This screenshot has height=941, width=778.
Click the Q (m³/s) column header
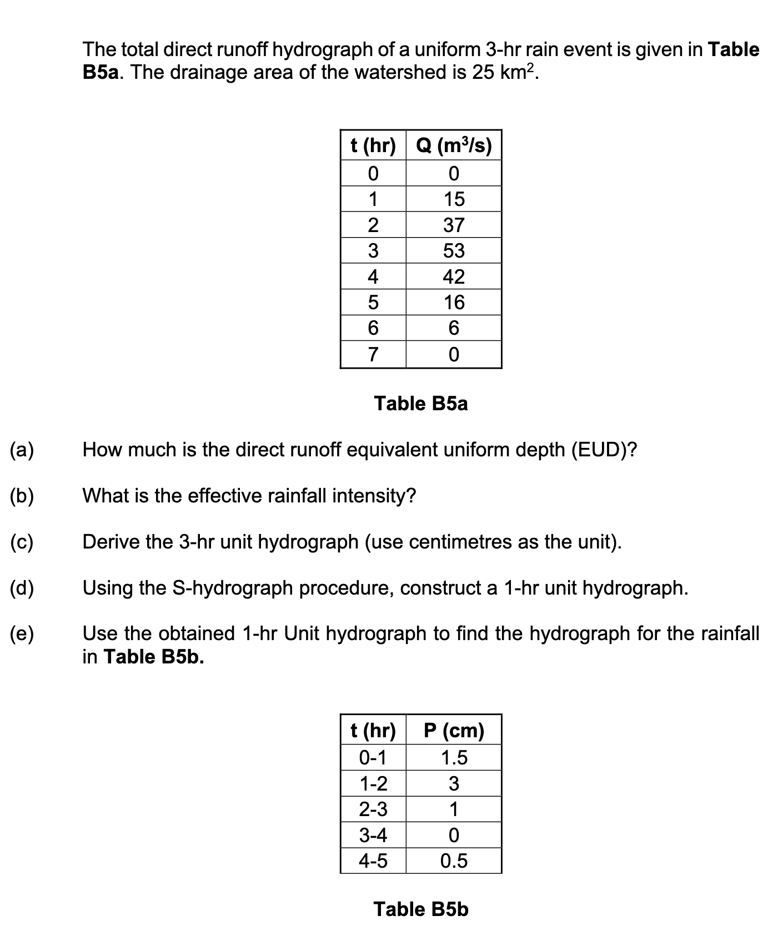(x=454, y=146)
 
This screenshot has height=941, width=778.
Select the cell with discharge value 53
(x=454, y=251)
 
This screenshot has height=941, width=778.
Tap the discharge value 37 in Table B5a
(x=454, y=225)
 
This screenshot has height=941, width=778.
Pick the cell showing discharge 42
(x=454, y=276)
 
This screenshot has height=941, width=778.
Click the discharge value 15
(x=454, y=199)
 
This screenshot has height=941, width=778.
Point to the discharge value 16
(x=454, y=303)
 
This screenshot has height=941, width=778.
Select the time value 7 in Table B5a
(x=373, y=354)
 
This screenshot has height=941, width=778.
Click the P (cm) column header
(x=454, y=730)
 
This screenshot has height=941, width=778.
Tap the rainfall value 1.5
(x=454, y=758)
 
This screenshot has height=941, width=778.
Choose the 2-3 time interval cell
(x=373, y=809)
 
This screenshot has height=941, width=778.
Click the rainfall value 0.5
(x=454, y=861)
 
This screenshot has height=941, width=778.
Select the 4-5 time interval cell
(x=373, y=861)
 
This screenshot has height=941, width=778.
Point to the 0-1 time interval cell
(x=373, y=758)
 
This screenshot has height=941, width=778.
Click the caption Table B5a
(x=421, y=404)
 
